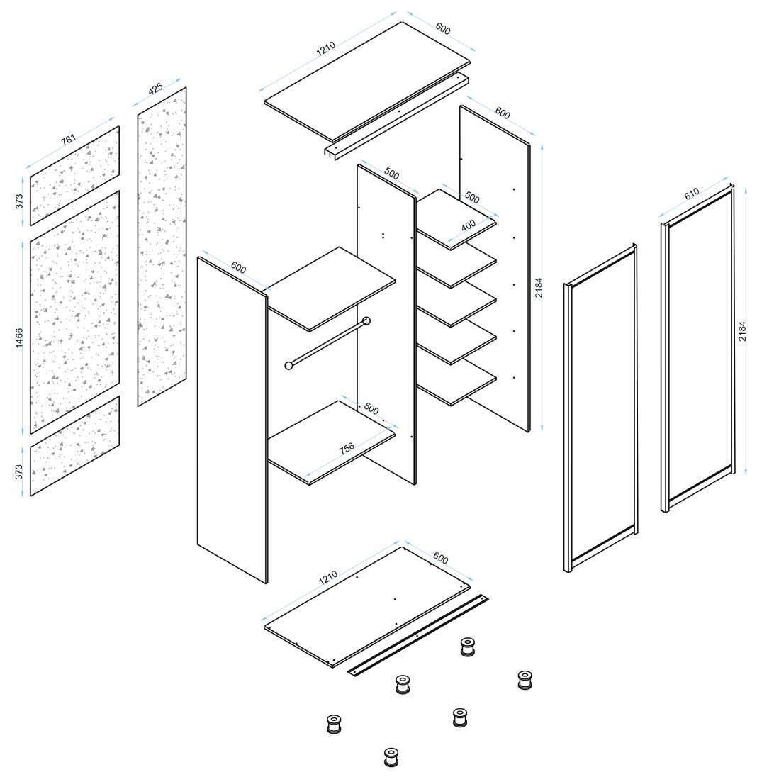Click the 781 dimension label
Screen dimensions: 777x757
[68, 140]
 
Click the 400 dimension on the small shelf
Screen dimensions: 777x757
[469, 225]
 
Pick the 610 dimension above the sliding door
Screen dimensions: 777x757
[692, 193]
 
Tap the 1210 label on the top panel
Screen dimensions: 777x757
[327, 50]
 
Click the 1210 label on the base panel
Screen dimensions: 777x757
[327, 578]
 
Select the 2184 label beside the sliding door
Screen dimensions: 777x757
[742, 332]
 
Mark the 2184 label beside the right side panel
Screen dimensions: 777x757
[539, 287]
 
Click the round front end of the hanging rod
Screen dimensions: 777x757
[288, 366]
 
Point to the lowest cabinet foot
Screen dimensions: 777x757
[390, 756]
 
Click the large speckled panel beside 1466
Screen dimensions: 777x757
[74, 312]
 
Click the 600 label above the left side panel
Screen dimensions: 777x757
[238, 269]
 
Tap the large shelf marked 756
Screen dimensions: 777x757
[331, 441]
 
